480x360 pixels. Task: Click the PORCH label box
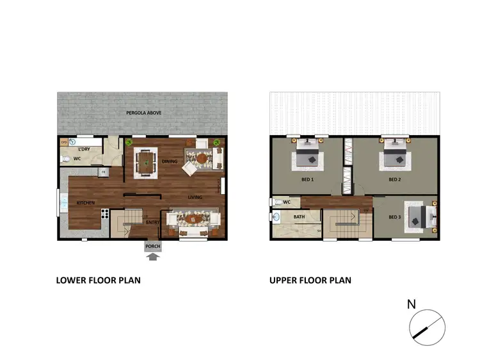[152, 247]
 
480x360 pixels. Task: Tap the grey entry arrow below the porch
[152, 258]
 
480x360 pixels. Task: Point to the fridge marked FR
[102, 172]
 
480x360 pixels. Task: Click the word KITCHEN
[86, 203]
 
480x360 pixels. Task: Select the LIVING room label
[195, 197]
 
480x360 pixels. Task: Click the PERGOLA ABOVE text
[142, 113]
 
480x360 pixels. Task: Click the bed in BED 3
[420, 215]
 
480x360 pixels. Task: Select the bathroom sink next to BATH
[275, 217]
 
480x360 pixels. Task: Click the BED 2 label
[394, 180]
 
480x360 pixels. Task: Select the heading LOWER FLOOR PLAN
[98, 280]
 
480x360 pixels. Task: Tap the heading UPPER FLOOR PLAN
[310, 280]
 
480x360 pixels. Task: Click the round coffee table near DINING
[203, 158]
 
